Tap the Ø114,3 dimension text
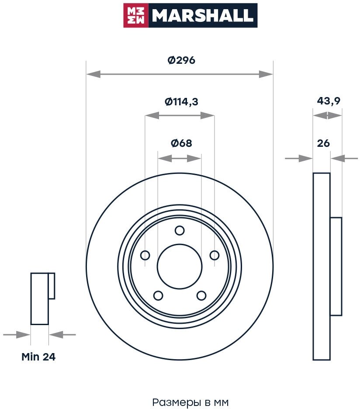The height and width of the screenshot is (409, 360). [181, 102]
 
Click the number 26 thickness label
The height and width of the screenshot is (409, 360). [323, 143]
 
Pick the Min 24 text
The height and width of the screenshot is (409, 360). [38, 357]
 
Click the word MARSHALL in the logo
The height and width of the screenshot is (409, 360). [202, 16]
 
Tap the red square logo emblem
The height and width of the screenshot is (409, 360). [136, 16]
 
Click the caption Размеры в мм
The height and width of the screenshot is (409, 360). [190, 402]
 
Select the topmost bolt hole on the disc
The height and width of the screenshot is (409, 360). [180, 230]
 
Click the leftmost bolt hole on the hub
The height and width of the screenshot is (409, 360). [145, 255]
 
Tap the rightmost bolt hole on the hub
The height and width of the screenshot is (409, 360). [214, 255]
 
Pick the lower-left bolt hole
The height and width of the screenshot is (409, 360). [158, 296]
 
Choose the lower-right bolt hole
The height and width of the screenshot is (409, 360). [201, 296]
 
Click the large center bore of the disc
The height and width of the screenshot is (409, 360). [180, 266]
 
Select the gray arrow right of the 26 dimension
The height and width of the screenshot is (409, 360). [347, 158]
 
